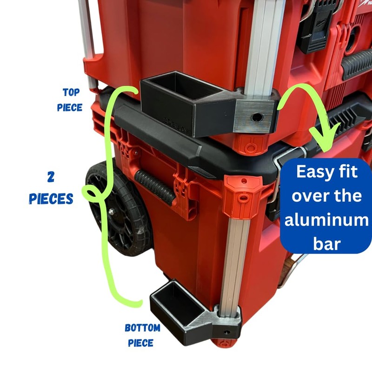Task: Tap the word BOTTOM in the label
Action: pyautogui.click(x=142, y=328)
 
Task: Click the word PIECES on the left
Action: pyautogui.click(x=51, y=199)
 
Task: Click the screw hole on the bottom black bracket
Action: pyautogui.click(x=226, y=333)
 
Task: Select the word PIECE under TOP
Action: pyautogui.click(x=70, y=107)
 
